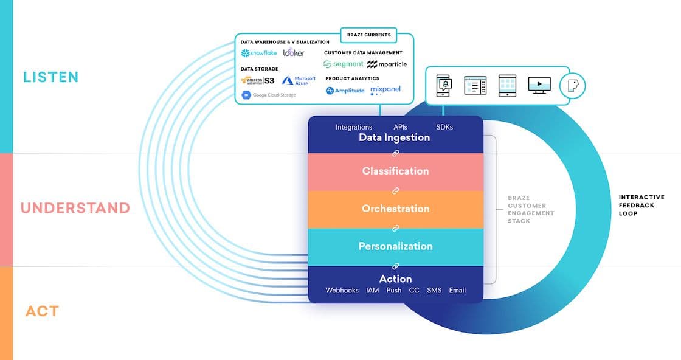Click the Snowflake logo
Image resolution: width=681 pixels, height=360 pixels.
259,53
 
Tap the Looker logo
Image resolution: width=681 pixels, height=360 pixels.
294,53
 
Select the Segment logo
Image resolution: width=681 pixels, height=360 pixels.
344,64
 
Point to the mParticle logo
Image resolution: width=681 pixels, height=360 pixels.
387,64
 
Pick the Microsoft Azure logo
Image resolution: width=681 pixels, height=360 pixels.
299,80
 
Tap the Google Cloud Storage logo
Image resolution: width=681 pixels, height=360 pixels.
269,95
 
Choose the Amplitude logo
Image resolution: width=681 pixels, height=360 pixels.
345,91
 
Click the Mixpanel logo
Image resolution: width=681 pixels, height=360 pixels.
385,90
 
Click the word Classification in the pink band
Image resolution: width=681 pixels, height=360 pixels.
395,171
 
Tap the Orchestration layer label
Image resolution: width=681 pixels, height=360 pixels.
395,209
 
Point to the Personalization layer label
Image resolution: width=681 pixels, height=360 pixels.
395,246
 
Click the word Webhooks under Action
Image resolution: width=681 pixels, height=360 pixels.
342,290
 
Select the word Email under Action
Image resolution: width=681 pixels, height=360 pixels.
457,290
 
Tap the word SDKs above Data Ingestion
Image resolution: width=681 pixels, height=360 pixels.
444,127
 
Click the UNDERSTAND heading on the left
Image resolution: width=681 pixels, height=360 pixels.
75,208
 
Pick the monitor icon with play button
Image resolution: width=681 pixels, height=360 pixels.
539,85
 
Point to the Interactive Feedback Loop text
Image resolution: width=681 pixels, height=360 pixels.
641,206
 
